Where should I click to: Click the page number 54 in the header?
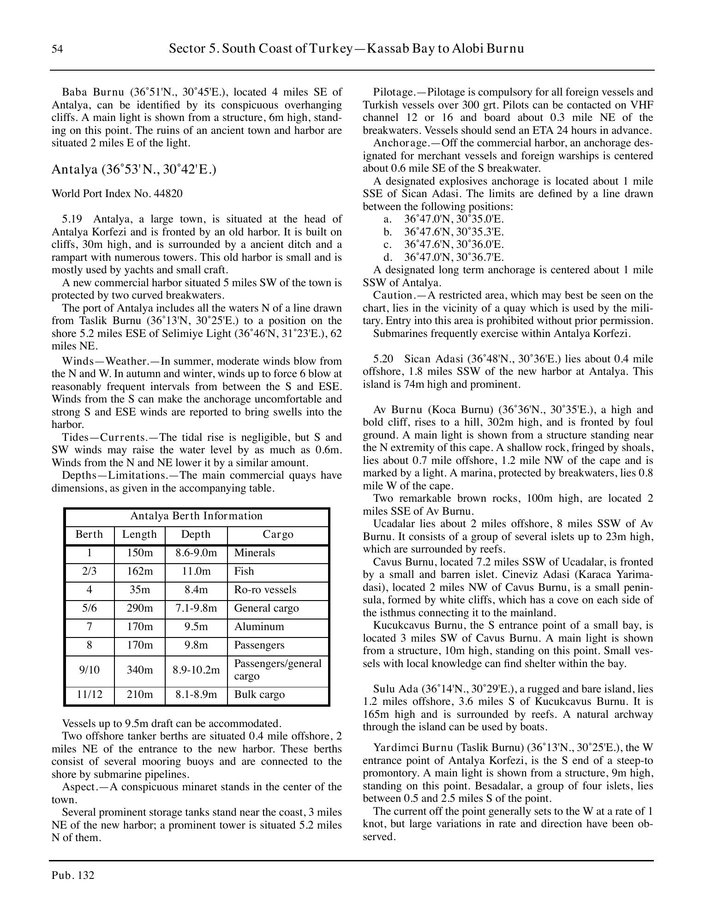(57, 49)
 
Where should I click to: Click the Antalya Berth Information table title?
(196, 516)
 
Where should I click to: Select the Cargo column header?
(278, 535)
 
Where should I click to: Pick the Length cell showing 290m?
(139, 608)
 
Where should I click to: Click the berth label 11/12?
(89, 695)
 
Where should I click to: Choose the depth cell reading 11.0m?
(196, 571)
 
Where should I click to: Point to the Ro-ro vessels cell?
(265, 590)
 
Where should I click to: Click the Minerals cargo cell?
(254, 553)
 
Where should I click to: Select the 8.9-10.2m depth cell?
(196, 670)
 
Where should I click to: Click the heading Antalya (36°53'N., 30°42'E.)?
(134, 169)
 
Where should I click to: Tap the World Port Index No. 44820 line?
(117, 193)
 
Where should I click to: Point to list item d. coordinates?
(454, 257)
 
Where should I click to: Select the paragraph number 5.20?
(383, 359)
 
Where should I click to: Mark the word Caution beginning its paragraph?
(392, 295)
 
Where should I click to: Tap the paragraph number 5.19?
(72, 219)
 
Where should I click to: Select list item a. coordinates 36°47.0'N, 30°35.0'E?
(454, 219)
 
